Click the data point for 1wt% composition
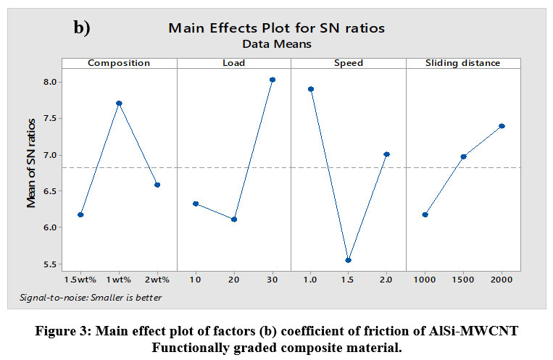tap(119, 104)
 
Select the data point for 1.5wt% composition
tap(80, 214)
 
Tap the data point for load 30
tap(272, 80)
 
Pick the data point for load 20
tap(234, 219)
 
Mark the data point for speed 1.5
tap(349, 260)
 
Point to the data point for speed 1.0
tap(310, 89)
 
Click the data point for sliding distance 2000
tap(502, 126)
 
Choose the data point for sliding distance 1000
tap(425, 214)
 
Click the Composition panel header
tap(119, 63)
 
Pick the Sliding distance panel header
tap(463, 63)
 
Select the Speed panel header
tap(349, 63)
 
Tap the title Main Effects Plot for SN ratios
tap(276, 28)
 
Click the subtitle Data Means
tap(276, 43)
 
